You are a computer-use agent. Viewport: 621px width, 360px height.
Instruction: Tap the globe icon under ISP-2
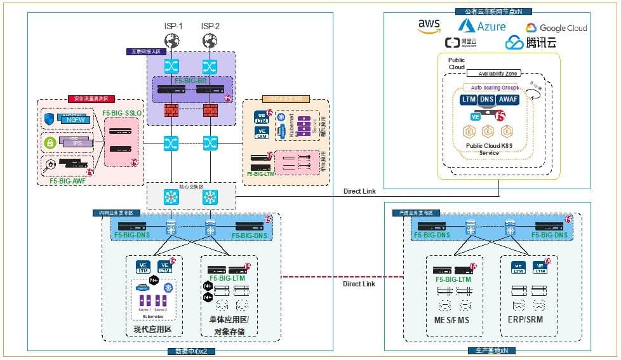[x=209, y=41]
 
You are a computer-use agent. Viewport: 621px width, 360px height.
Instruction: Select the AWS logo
[x=429, y=25]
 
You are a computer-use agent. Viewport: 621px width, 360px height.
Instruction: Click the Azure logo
[x=483, y=25]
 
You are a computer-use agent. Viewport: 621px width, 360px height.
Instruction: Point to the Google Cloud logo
[x=556, y=28]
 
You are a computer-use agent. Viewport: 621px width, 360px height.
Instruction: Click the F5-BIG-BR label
[x=190, y=82]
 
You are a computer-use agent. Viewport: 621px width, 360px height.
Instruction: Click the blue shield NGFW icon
[x=50, y=119]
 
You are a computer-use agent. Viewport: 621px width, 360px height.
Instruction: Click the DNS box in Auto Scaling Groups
[x=487, y=100]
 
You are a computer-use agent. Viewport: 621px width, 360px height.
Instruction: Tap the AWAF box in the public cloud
[x=509, y=100]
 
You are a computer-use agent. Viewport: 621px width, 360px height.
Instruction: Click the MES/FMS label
[x=451, y=319]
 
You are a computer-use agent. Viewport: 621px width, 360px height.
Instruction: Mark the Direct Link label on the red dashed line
[x=359, y=284]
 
